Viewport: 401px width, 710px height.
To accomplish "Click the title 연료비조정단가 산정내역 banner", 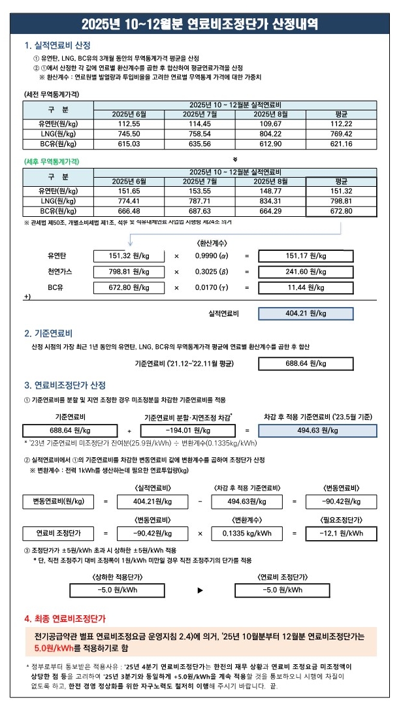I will click(200, 25).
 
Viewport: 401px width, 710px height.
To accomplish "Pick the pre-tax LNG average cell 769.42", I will click(341, 133).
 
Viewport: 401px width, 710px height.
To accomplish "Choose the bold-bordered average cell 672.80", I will click(341, 211).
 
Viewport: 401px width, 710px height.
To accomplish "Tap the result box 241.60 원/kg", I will click(306, 272).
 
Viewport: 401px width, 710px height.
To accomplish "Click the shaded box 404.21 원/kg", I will click(306, 314).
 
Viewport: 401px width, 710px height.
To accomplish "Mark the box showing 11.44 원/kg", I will click(306, 287).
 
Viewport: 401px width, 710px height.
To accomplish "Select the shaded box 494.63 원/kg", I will click(317, 430).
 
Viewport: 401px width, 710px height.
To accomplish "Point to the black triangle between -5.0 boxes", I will click(200, 590).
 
